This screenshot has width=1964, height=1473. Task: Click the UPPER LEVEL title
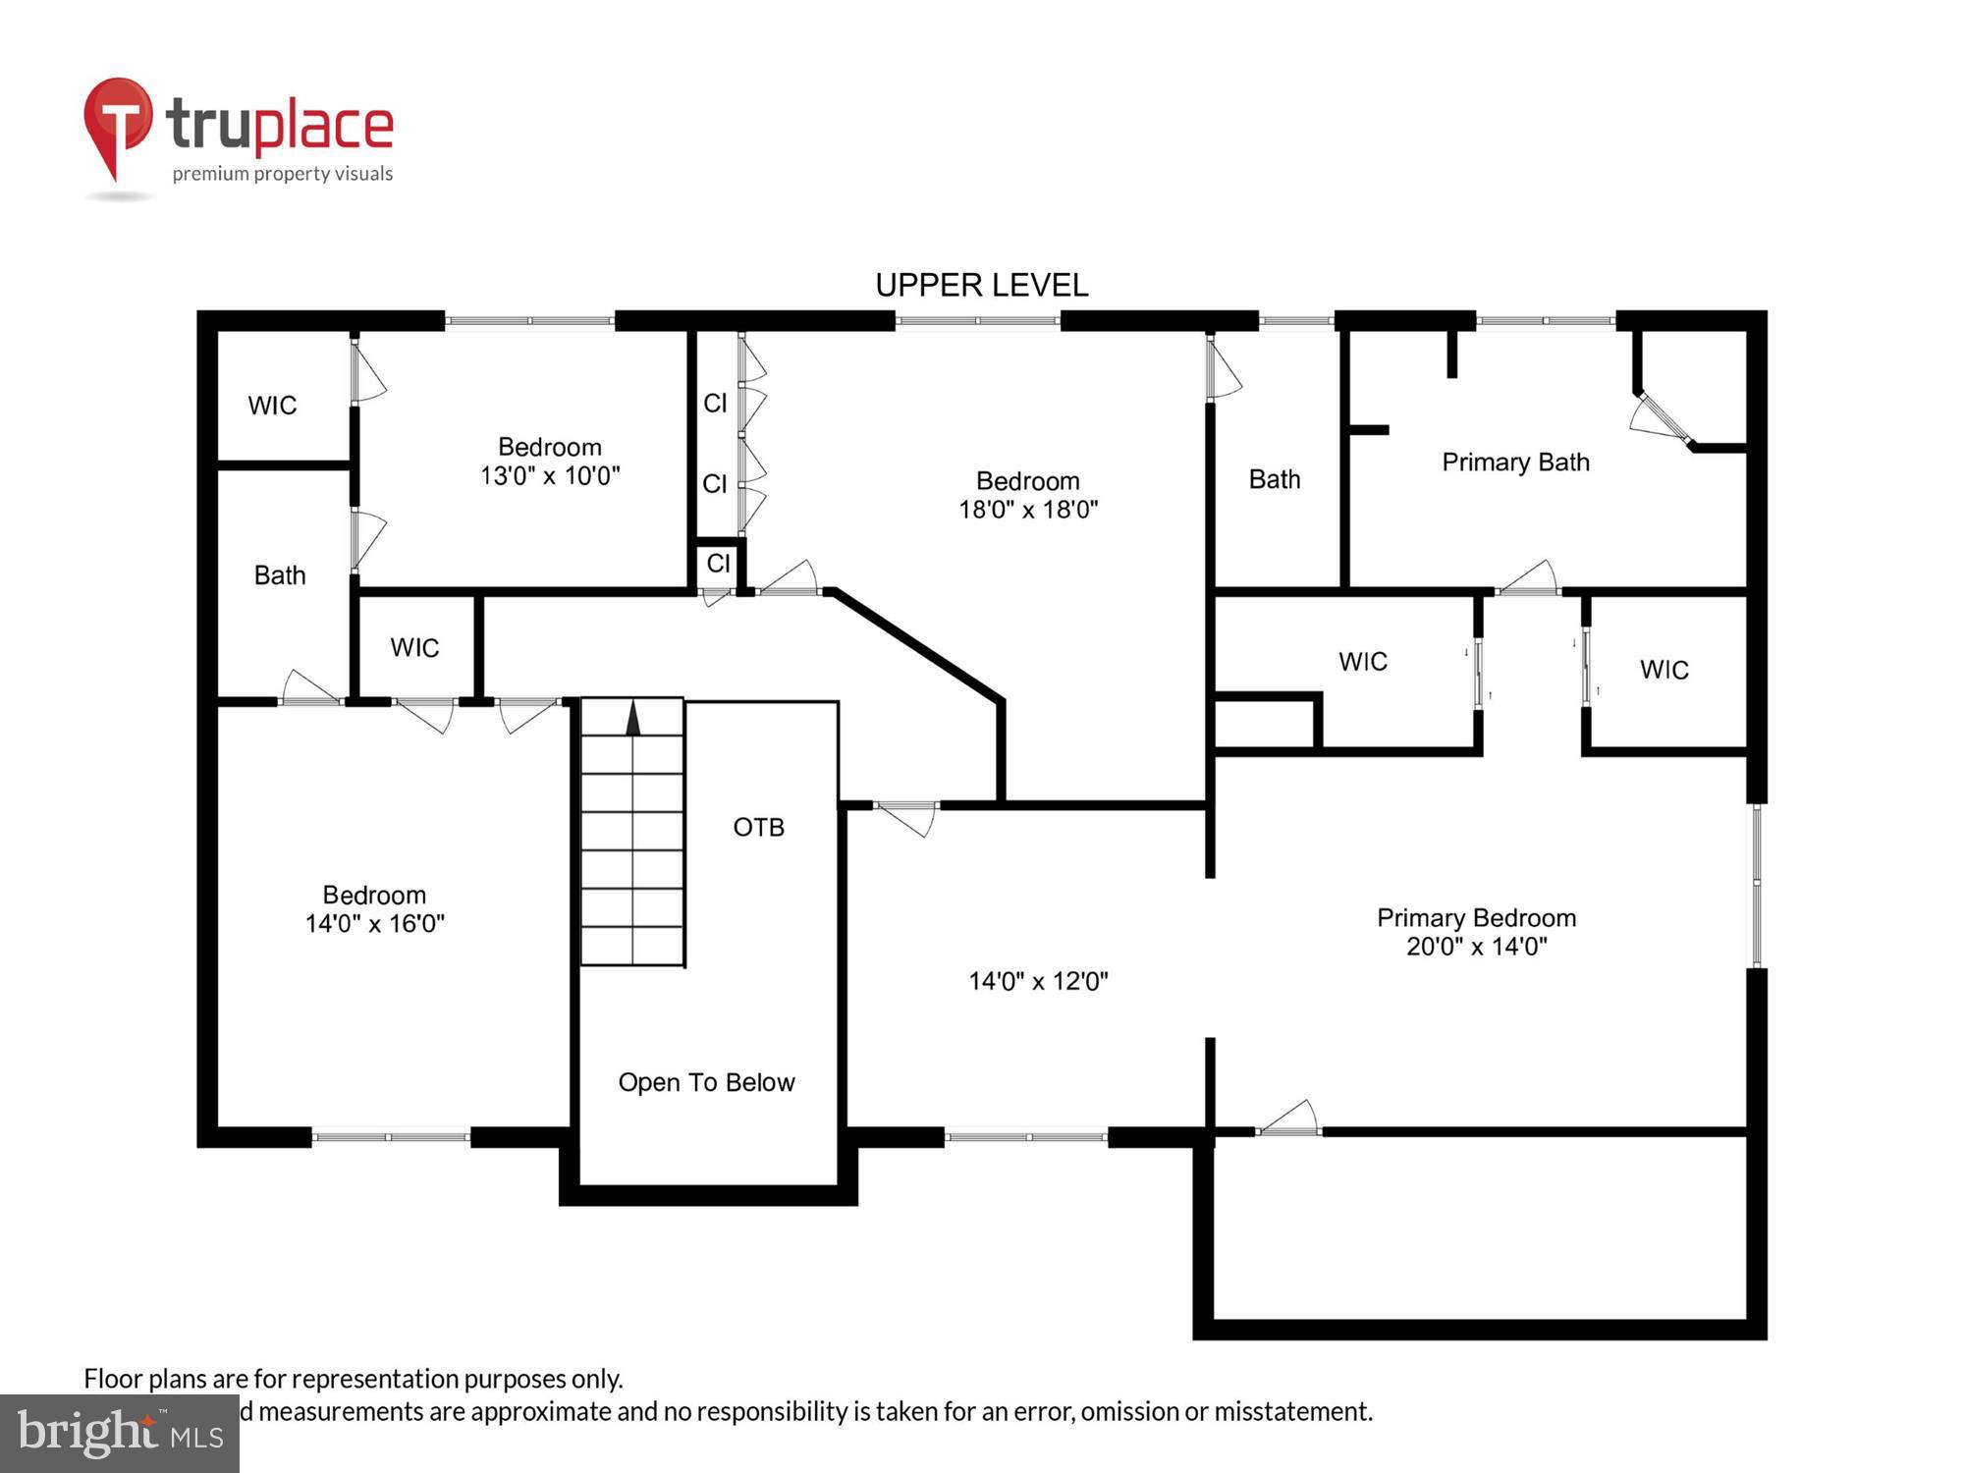(x=981, y=285)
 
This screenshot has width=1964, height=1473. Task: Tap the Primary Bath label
(x=1515, y=462)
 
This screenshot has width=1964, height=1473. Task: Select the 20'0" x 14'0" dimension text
(x=1476, y=947)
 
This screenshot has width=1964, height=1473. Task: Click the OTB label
(x=758, y=827)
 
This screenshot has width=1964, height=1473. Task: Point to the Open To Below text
(x=706, y=1082)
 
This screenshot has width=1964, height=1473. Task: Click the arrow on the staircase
(x=633, y=718)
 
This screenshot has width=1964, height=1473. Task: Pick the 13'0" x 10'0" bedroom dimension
(x=550, y=475)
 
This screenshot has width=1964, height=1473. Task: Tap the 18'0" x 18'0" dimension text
(x=1028, y=509)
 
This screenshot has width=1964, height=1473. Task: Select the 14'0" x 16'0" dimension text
(x=374, y=923)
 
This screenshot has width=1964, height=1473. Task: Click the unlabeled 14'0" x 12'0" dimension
(x=1038, y=981)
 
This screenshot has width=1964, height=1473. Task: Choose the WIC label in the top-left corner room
(x=272, y=406)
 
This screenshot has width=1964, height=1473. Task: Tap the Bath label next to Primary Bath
(x=1274, y=479)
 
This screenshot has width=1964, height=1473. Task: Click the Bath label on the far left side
(x=280, y=574)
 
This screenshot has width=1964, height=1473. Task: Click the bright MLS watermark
(x=120, y=1434)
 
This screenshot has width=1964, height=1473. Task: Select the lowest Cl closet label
(x=718, y=563)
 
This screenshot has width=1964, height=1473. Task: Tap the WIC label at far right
(x=1664, y=670)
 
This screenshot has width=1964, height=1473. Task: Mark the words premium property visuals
(x=283, y=174)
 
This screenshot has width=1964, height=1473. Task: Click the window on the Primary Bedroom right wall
(x=1757, y=886)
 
